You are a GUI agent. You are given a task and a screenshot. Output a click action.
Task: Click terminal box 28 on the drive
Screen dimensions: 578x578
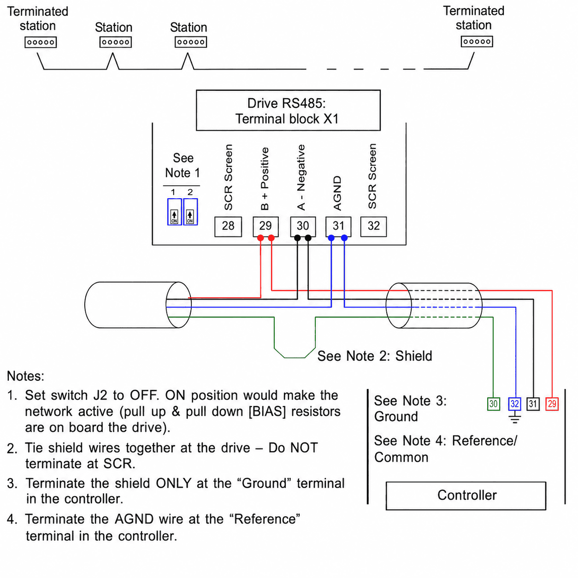click(x=228, y=227)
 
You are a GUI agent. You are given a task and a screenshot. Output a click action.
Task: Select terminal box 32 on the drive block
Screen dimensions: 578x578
click(x=373, y=226)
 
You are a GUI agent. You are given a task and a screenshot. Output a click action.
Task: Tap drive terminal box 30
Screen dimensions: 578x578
click(x=303, y=226)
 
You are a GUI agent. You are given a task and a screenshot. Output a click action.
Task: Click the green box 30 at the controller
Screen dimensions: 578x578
click(x=493, y=404)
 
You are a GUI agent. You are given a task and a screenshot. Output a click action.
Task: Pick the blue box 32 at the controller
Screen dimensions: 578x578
click(x=515, y=404)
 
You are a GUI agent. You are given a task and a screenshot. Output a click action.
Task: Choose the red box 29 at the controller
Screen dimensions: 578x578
click(x=552, y=404)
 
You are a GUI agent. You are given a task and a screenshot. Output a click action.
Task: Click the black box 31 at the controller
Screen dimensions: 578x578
click(x=533, y=404)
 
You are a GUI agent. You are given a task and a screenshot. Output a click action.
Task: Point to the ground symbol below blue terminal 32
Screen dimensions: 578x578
click(x=515, y=417)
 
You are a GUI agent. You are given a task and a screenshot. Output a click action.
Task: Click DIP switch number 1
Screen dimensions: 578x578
click(x=174, y=212)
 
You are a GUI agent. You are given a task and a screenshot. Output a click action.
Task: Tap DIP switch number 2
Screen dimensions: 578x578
click(x=190, y=212)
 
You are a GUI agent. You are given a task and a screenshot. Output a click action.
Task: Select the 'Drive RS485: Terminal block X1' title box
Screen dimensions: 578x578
click(x=288, y=110)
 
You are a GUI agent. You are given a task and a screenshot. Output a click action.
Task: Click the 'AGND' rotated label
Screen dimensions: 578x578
click(x=337, y=193)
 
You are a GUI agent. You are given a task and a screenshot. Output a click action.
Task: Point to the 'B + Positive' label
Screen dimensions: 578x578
click(x=265, y=179)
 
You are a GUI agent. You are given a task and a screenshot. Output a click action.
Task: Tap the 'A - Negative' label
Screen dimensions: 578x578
click(x=301, y=177)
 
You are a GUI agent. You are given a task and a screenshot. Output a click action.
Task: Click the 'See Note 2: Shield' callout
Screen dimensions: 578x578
click(x=375, y=356)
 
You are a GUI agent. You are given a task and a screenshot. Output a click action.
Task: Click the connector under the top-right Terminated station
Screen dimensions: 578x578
click(x=477, y=41)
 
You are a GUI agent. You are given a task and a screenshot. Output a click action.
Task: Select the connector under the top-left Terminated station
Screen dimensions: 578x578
click(x=41, y=42)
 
